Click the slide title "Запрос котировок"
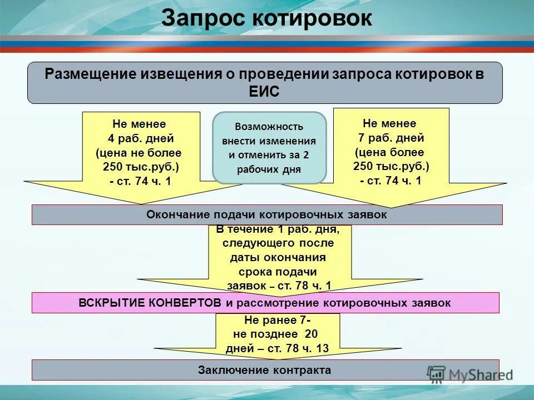tap(266, 18)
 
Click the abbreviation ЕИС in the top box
tap(265, 92)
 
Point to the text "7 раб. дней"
tap(390, 138)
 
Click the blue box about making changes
tap(269, 148)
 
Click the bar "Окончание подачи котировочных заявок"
tap(266, 214)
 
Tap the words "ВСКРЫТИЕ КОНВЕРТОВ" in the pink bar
tap(151, 303)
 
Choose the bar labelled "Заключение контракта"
tap(265, 370)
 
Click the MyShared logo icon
tap(437, 373)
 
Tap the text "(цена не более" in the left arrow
tap(139, 152)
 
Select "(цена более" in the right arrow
tap(389, 152)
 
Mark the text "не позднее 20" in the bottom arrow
tap(276, 334)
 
